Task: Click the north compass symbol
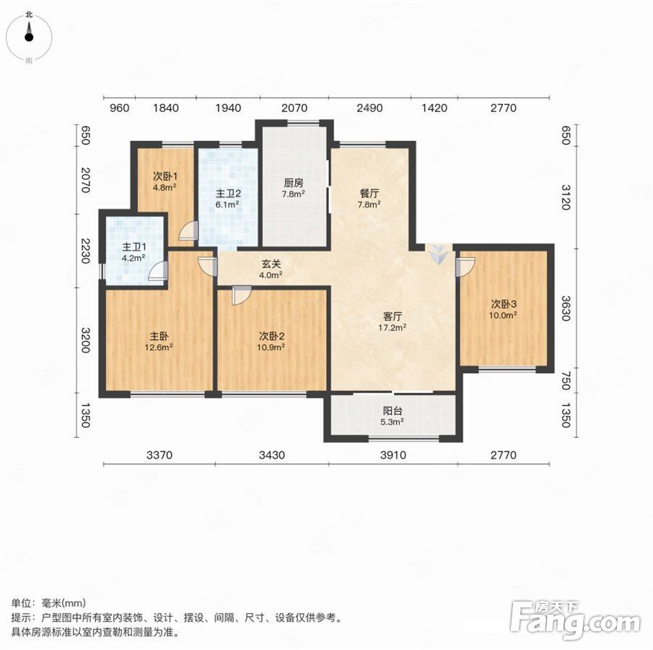pos(29,37)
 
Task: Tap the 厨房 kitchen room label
pos(294,188)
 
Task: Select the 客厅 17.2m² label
pos(393,322)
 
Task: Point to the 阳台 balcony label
pos(393,416)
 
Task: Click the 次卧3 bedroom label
pos(503,309)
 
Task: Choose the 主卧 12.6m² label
pos(159,341)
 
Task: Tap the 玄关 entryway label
pos(271,269)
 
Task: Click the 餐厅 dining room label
pos(369,199)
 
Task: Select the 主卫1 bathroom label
pos(133,252)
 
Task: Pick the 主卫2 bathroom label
pos(227,199)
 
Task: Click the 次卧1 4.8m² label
pos(165,181)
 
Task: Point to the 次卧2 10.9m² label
pos(272,341)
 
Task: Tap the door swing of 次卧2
pos(242,295)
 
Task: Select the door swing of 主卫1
pos(159,271)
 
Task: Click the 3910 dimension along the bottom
pos(393,455)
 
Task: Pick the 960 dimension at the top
pos(119,108)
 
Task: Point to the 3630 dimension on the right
pos(565,308)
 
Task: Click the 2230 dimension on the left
pos(85,251)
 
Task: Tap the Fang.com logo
pos(575,620)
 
